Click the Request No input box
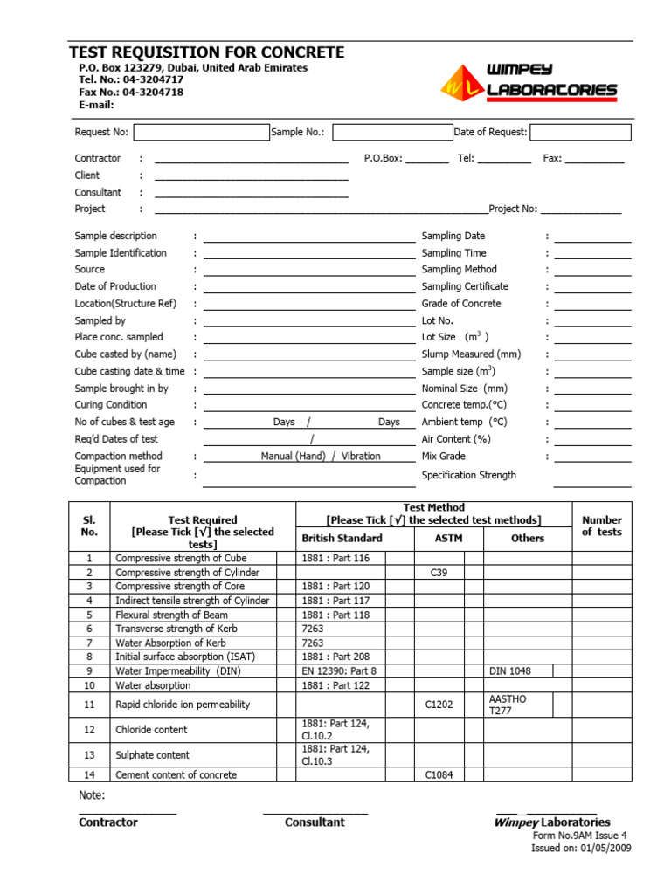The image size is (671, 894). click(201, 133)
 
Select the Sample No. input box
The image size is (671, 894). click(391, 133)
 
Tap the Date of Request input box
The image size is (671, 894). click(580, 133)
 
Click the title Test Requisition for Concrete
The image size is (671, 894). click(206, 52)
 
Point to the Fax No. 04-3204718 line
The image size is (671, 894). click(131, 92)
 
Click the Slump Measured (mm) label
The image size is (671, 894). click(471, 354)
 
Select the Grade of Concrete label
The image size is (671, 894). click(461, 304)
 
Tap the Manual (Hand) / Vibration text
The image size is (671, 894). click(321, 457)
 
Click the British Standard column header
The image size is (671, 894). click(342, 539)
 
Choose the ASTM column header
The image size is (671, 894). click(448, 539)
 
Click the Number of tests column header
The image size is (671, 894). click(602, 526)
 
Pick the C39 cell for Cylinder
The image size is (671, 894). click(439, 573)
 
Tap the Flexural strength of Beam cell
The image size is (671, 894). click(169, 615)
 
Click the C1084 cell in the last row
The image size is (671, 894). click(439, 774)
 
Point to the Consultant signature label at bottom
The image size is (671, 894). click(315, 822)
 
